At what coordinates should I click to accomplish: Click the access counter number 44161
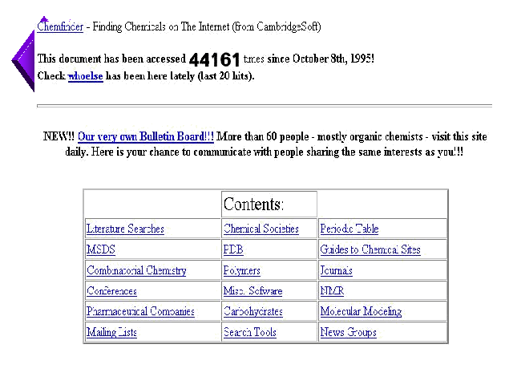214,59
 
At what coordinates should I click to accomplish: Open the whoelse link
85,76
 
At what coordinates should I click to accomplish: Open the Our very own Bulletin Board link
146,136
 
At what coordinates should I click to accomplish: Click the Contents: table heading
253,204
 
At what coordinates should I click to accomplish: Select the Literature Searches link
125,229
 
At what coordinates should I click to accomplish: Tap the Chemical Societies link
261,229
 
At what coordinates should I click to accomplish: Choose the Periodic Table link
349,229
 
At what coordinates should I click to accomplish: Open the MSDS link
101,250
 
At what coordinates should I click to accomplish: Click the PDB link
233,250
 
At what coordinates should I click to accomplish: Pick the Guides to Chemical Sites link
370,250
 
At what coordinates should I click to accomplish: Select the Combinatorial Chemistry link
136,271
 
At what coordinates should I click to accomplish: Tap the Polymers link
242,271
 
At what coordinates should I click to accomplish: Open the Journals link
336,271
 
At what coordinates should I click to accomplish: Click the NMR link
332,291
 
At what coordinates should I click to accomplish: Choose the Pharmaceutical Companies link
140,311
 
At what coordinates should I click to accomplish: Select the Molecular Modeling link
361,311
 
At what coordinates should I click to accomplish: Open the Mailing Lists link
111,332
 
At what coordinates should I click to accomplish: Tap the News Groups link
348,332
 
